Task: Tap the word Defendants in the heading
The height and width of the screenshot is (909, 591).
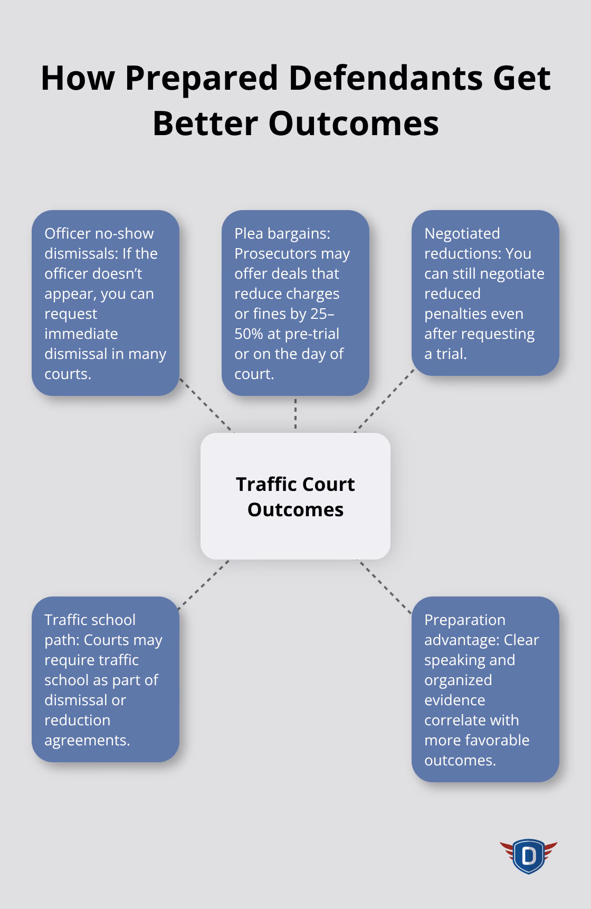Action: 385,78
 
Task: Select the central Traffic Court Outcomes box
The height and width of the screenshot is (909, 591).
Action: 295,496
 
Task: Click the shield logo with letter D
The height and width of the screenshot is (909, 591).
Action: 528,856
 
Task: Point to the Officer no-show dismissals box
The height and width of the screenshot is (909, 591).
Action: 105,303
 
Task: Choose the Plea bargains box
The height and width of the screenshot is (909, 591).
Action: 295,303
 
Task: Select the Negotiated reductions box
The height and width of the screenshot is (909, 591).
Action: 485,293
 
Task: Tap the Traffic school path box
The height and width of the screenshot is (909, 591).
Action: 105,679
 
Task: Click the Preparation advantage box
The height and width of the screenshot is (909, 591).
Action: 485,689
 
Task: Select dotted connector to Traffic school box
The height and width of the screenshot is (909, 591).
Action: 203,585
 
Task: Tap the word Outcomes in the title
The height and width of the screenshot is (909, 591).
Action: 354,124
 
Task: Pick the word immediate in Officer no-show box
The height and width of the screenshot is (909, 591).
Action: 81,334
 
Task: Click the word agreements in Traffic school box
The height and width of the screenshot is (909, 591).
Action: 87,740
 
